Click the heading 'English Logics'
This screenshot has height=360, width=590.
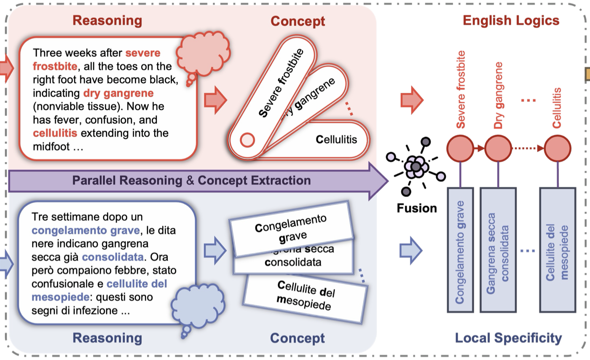click(x=511, y=21)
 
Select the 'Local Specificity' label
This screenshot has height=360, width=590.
click(x=508, y=338)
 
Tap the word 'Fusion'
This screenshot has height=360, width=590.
click(x=417, y=208)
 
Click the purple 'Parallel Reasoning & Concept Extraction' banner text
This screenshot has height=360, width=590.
click(x=191, y=180)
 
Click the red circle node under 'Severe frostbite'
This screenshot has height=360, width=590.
click(x=460, y=148)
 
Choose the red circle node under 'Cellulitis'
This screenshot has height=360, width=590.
click(x=558, y=148)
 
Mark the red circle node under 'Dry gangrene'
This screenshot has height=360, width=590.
click(x=498, y=148)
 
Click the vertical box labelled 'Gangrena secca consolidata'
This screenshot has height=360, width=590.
click(x=498, y=250)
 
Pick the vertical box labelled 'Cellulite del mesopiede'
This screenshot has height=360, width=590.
click(x=558, y=250)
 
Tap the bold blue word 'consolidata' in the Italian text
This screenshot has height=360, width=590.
click(x=113, y=257)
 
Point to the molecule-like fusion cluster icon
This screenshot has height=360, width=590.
click(x=416, y=166)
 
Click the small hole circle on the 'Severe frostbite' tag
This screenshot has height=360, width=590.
click(x=247, y=139)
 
